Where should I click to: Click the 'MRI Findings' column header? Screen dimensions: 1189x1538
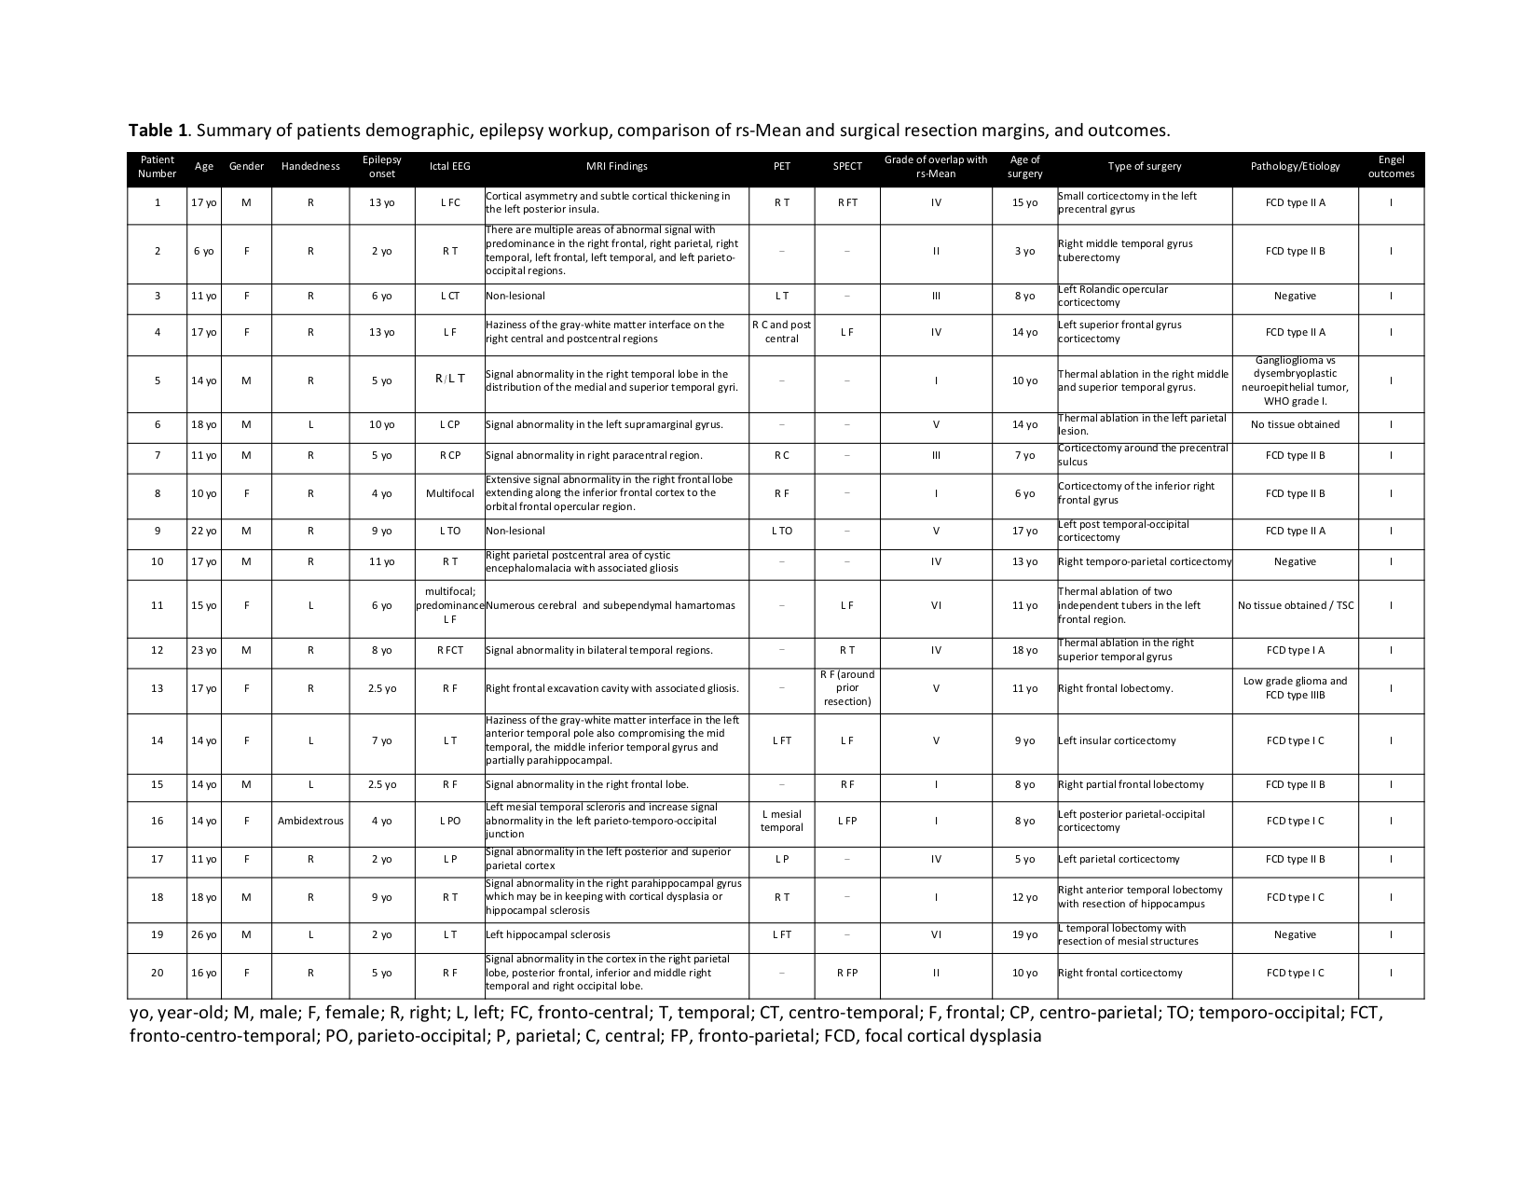point(616,167)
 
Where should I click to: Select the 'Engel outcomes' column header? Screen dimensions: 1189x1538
point(1391,167)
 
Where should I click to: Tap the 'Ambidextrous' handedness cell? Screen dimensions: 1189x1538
point(310,822)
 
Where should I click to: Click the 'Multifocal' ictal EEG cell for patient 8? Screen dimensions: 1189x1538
point(449,494)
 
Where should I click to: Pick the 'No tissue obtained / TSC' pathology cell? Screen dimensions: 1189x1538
point(1295,606)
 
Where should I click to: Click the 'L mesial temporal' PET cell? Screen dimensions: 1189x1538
point(781,822)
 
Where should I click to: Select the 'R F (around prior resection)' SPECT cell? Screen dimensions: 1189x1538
point(846,689)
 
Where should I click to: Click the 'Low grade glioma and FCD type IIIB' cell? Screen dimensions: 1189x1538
point(1295,689)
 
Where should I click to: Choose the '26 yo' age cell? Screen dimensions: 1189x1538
point(203,935)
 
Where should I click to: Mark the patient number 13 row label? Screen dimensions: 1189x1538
point(157,689)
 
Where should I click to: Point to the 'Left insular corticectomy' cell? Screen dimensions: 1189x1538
point(1117,741)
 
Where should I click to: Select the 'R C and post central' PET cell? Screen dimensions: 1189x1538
point(781,332)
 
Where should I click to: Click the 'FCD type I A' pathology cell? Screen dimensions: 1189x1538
point(1295,651)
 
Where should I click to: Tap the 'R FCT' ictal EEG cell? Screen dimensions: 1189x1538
point(449,651)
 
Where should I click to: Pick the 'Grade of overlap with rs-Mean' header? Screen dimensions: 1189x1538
point(935,167)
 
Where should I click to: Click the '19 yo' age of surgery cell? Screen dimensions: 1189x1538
point(1024,935)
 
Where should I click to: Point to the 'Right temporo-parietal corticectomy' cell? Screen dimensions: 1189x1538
point(1145,562)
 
